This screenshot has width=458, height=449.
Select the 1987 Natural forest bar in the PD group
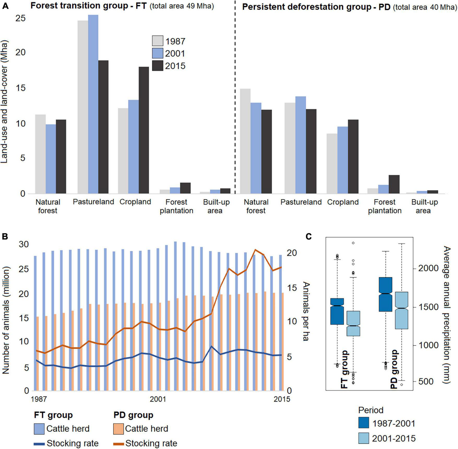245,141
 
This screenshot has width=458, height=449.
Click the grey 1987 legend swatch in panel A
158,41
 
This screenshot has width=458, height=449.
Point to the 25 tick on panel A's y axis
20,18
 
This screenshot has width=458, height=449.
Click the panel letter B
5,236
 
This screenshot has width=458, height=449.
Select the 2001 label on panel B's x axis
158,399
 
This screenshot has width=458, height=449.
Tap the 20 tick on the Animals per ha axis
292,253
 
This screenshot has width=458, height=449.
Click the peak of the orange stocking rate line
255,250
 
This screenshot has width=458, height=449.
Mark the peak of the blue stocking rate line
211,346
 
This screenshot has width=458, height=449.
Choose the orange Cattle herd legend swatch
118,429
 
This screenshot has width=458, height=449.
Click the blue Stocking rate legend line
39,443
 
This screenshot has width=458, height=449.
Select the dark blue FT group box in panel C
337,311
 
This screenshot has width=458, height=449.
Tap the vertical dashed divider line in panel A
235,99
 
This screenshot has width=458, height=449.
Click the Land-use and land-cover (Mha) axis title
4,102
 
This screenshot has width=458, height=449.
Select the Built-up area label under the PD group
425,206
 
